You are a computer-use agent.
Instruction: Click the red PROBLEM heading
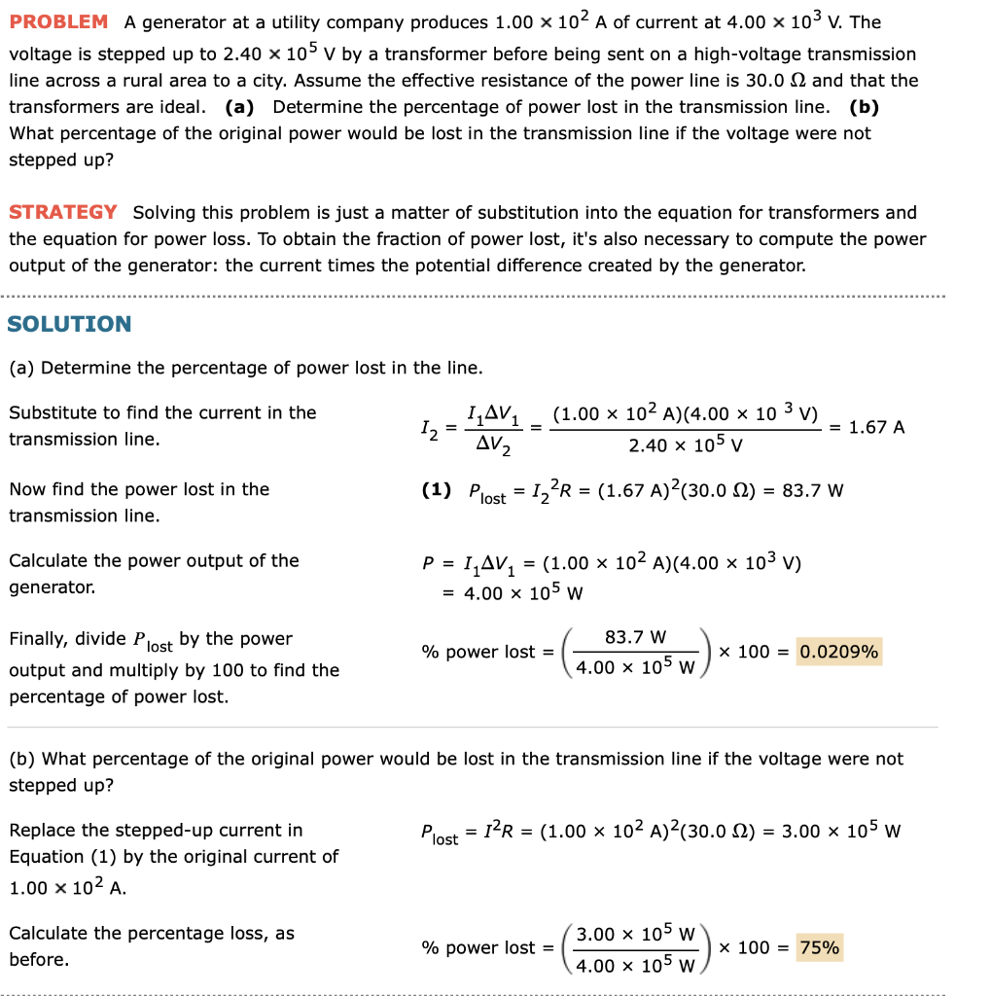coord(58,21)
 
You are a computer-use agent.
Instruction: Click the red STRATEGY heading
coord(63,212)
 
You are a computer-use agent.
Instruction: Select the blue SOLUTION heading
coord(69,324)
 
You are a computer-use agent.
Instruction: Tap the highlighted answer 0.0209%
coord(838,652)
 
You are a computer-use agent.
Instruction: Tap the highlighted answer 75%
coord(820,947)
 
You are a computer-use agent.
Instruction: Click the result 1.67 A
coord(876,427)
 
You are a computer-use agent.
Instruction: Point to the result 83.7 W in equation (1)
coord(812,490)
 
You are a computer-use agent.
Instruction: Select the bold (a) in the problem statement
coord(241,107)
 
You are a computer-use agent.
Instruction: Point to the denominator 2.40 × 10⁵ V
coord(686,446)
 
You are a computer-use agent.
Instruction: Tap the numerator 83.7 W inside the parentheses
coord(635,638)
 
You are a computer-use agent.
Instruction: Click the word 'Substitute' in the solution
coord(48,412)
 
